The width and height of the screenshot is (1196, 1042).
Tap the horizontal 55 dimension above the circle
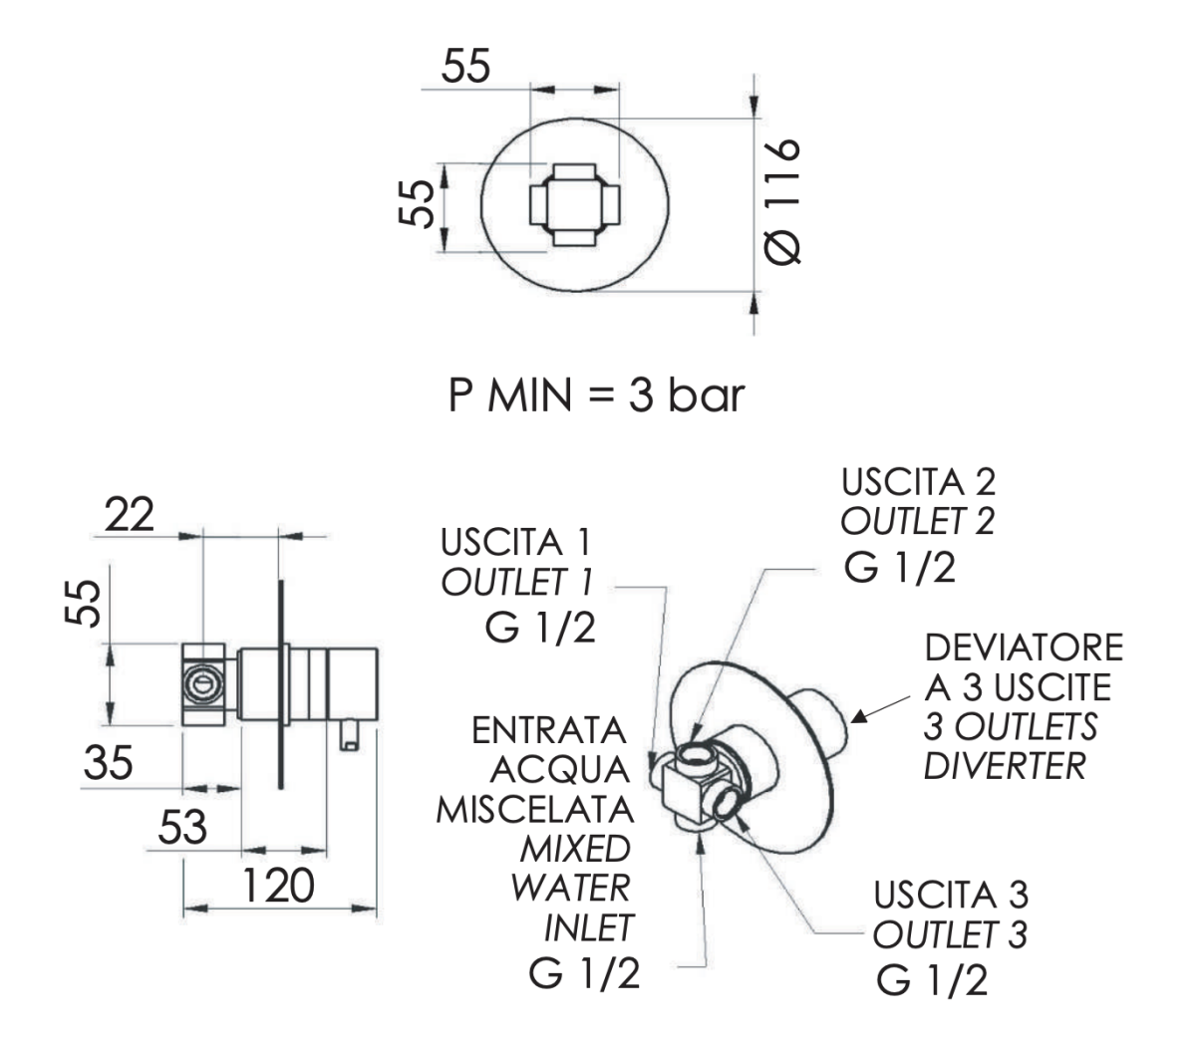(x=466, y=67)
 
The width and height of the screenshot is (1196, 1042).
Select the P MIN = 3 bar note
(x=596, y=395)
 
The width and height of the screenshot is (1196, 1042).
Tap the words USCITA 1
(x=515, y=543)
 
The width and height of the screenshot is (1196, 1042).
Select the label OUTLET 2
(x=917, y=521)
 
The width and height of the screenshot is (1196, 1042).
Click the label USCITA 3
(x=950, y=895)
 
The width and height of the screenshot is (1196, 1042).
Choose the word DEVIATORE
(x=1024, y=648)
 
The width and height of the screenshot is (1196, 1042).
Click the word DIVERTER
(x=1004, y=766)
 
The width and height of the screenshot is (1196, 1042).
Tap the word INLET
(x=589, y=928)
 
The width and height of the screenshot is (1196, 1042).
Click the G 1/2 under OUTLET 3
(x=932, y=980)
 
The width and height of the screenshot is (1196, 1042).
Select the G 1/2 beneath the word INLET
(x=584, y=974)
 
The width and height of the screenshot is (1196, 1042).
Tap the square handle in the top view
(x=573, y=203)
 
